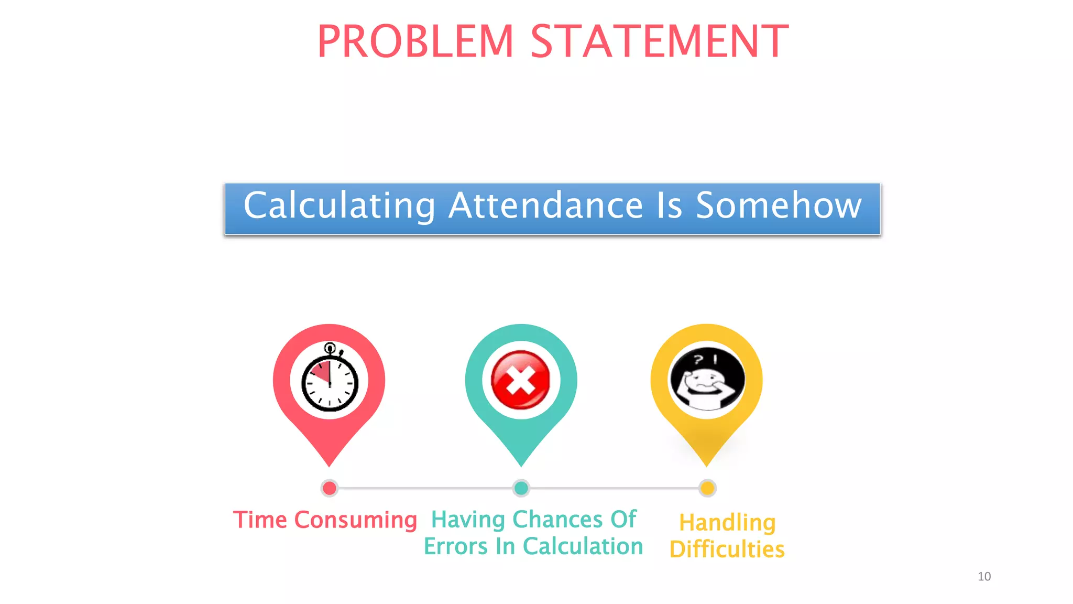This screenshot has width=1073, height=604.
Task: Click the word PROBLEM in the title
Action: coord(415,41)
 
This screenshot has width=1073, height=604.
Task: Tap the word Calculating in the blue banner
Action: coord(340,206)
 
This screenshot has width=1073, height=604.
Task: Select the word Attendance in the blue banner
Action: coord(545,206)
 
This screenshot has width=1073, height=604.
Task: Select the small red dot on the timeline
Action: coord(330,488)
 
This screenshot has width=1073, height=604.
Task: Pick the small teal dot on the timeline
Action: coord(521,488)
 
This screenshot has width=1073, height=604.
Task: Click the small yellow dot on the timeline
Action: coord(707,488)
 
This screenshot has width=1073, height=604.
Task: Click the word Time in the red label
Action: coord(260,520)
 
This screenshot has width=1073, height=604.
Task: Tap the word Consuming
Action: coord(356,521)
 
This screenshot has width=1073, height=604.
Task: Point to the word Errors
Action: coord(455,546)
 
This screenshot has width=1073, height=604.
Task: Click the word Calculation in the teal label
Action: coord(583,546)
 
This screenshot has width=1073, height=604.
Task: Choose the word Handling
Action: coord(727,523)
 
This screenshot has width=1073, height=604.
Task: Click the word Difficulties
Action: coord(727,549)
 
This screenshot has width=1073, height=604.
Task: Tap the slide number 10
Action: coord(984,577)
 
